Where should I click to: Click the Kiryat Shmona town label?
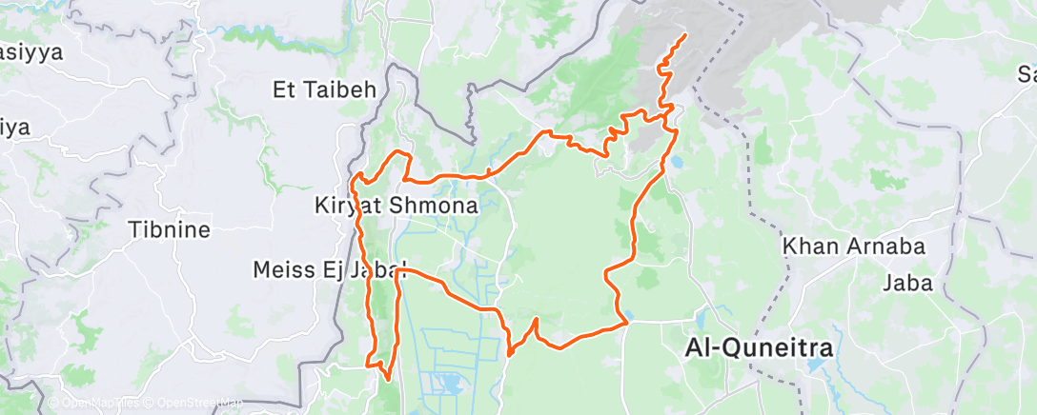tap(396, 205)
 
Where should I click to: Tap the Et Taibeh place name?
tap(326, 90)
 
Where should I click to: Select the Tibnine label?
tap(169, 229)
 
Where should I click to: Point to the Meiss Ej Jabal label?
tap(330, 270)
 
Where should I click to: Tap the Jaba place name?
tap(906, 282)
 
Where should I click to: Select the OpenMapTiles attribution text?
tap(92, 404)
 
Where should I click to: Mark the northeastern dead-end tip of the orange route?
tap(686, 36)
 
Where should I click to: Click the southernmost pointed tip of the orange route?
tap(387, 379)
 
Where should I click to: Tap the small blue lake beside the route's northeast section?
tap(677, 163)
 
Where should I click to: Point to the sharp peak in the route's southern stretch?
tap(536, 320)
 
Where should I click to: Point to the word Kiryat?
tap(348, 205)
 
